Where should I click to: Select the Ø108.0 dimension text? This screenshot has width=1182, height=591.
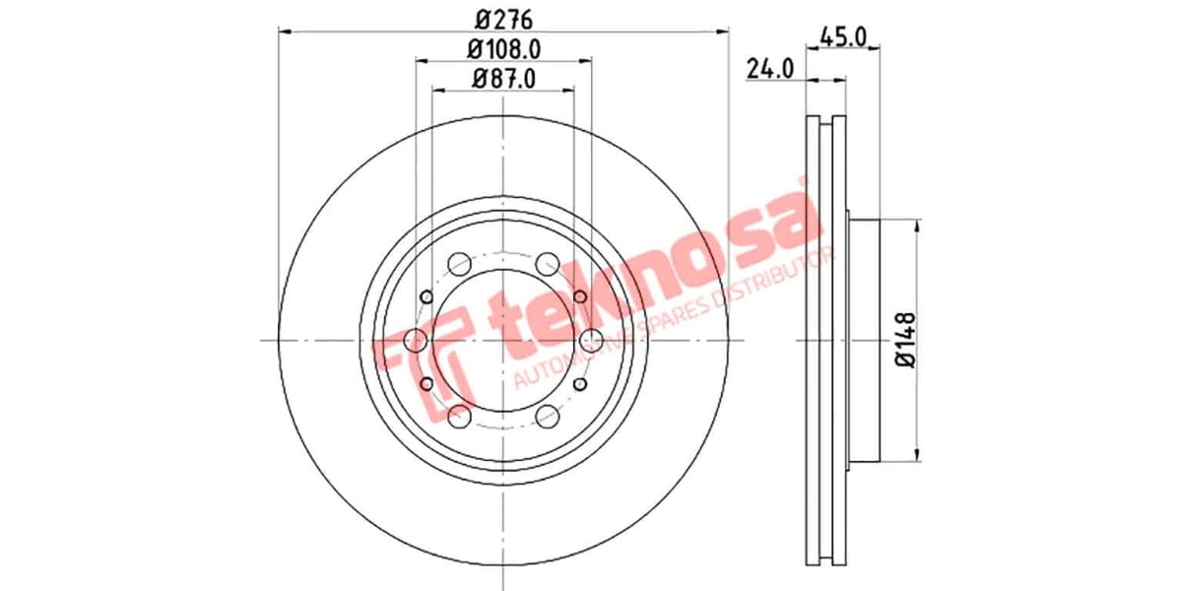(503, 47)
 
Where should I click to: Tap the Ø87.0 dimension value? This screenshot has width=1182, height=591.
(503, 79)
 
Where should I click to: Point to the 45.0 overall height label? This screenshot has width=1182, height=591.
(842, 37)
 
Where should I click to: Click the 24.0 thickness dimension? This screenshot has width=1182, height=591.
(769, 68)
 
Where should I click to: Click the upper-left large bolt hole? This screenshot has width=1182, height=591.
(459, 264)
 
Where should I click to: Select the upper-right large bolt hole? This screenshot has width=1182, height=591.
(548, 264)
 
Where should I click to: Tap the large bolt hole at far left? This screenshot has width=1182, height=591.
(416, 341)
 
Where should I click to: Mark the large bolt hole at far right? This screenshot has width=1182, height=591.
(591, 341)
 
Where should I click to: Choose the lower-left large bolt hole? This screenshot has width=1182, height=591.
(459, 417)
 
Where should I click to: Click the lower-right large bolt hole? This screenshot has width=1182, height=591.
(548, 417)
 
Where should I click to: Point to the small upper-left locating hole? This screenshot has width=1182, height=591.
(427, 296)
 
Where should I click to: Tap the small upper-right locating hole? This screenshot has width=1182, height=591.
(580, 296)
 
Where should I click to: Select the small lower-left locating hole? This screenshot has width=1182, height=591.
(427, 385)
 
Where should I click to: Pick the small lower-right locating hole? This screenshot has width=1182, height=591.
(580, 385)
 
